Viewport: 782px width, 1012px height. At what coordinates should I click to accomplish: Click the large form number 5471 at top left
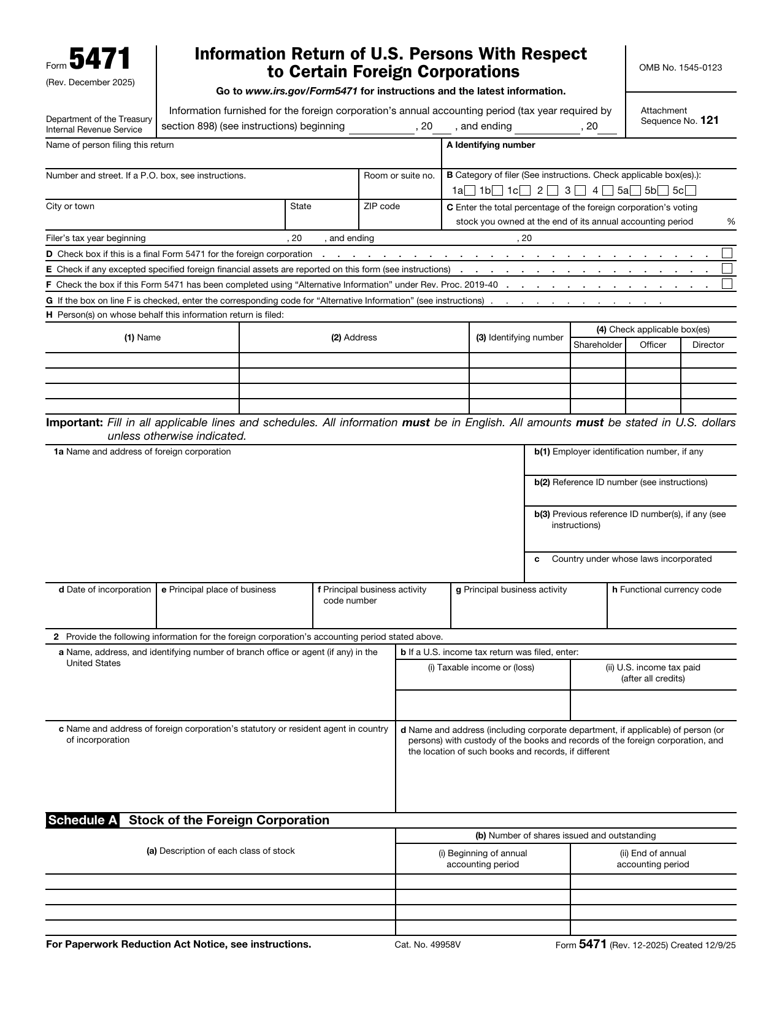[x=99, y=60]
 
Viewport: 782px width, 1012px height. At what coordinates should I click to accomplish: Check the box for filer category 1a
[x=470, y=191]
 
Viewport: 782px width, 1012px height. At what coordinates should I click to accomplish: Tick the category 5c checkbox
[x=691, y=191]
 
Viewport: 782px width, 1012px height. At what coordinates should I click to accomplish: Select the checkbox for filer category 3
[x=580, y=191]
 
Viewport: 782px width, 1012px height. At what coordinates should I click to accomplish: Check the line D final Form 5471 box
[x=727, y=253]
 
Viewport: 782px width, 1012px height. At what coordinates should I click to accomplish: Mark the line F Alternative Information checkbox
[x=727, y=284]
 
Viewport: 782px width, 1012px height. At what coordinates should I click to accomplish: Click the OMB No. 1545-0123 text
[x=680, y=67]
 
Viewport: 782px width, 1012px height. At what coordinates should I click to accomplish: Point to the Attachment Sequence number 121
[x=709, y=121]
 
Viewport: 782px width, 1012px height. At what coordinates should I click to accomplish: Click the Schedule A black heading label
[x=83, y=821]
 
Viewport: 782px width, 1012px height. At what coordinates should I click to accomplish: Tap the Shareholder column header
[x=597, y=345]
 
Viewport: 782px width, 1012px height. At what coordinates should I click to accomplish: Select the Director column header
[x=708, y=345]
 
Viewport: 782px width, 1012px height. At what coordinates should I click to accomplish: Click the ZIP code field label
[x=381, y=206]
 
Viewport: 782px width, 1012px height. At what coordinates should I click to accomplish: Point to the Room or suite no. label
[x=399, y=175]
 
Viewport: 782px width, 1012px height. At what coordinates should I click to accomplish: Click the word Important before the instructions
[x=74, y=423]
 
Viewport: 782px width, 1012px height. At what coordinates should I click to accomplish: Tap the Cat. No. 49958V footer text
[x=427, y=945]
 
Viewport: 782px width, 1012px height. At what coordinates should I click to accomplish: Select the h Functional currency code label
[x=667, y=589]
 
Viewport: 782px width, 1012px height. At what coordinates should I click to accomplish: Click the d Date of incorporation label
[x=104, y=589]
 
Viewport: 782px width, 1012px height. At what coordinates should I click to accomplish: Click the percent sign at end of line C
[x=730, y=221]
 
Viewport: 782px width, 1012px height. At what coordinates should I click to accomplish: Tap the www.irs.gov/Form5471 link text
[x=301, y=91]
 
